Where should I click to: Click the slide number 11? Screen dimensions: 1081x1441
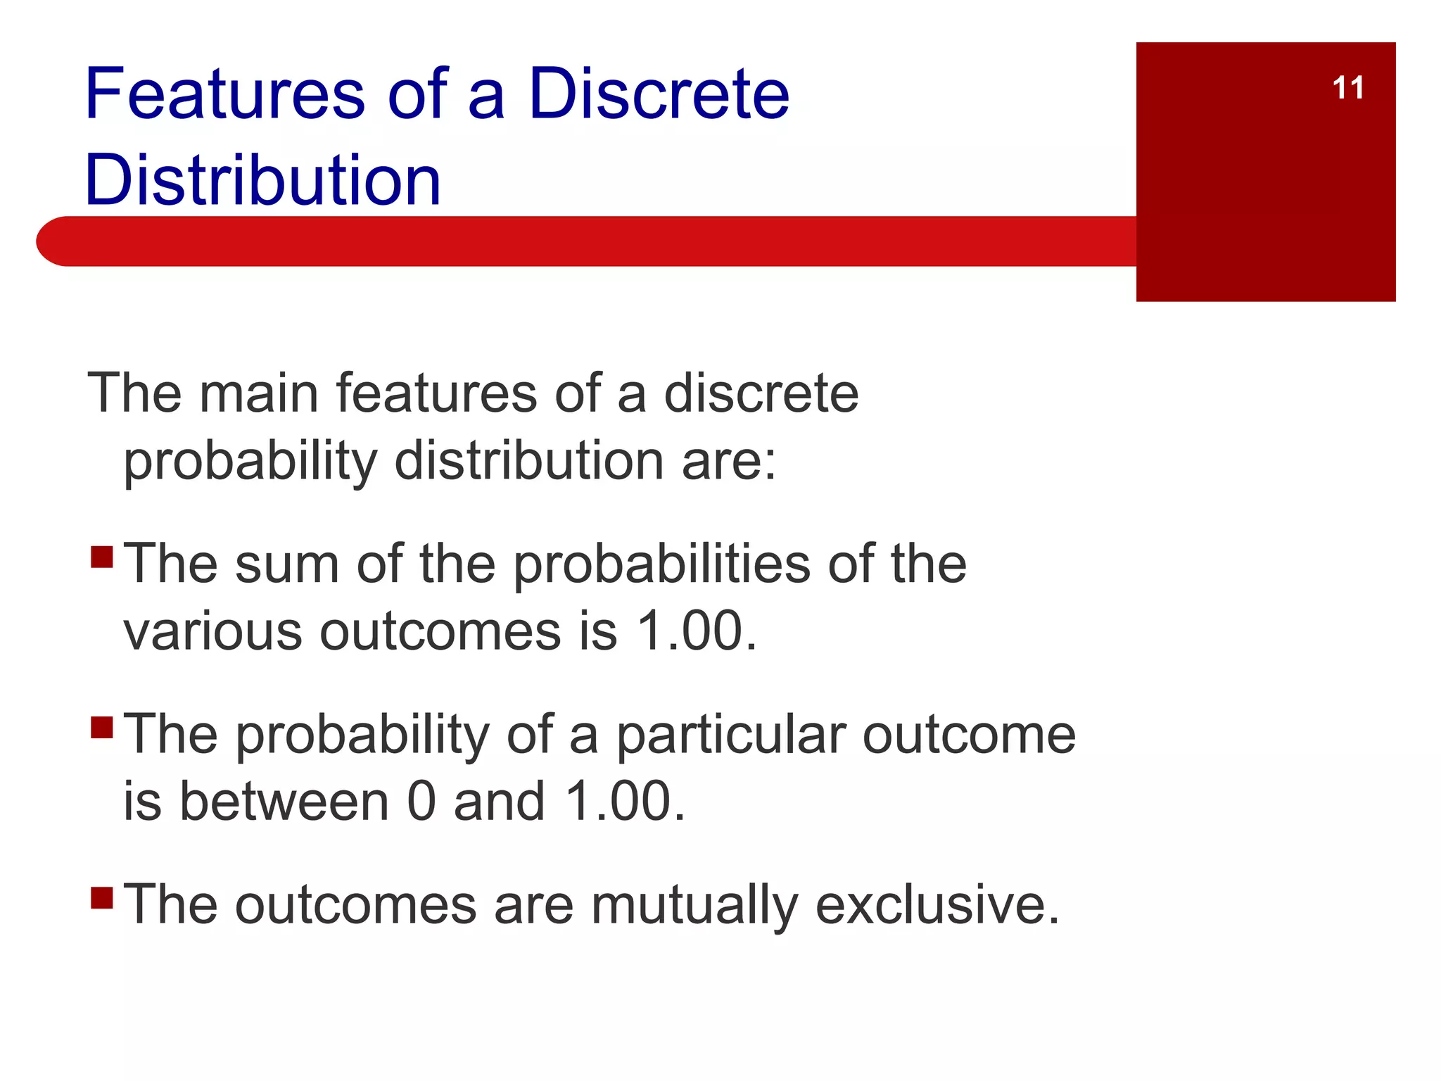1347,89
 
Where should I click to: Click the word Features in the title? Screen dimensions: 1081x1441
224,94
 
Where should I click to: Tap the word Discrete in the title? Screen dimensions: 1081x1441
659,94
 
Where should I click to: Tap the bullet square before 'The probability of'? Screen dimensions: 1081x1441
102,727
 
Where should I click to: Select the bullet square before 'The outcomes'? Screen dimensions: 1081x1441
102,897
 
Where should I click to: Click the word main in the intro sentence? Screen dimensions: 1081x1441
258,393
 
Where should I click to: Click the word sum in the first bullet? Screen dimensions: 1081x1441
286,564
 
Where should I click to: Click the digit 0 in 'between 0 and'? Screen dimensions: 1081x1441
421,802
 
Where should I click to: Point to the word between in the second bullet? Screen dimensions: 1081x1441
284,802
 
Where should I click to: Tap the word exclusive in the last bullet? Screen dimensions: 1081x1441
937,905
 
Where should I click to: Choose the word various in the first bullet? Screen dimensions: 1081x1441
213,631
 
